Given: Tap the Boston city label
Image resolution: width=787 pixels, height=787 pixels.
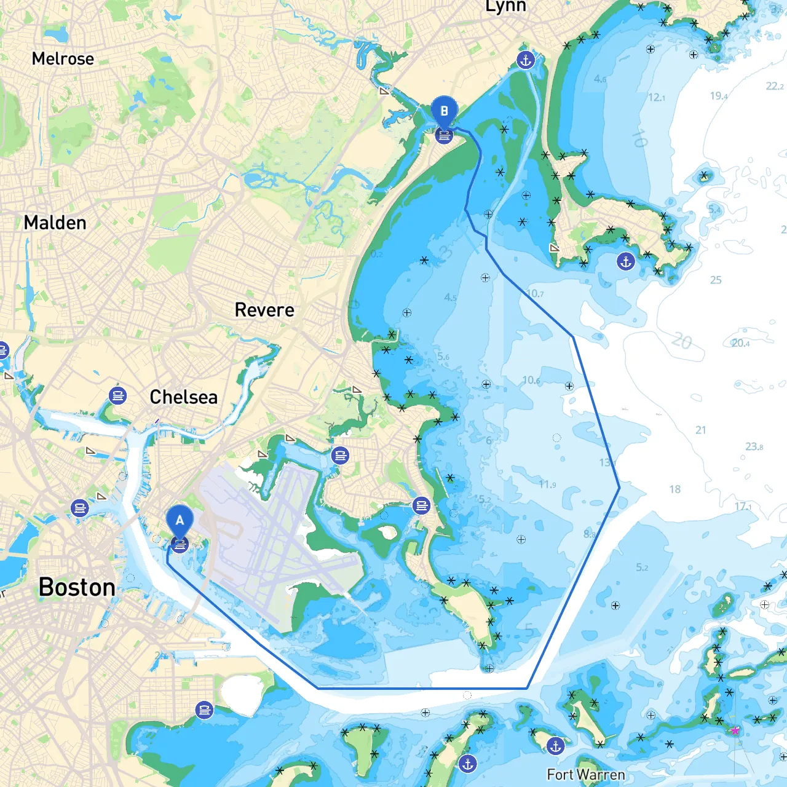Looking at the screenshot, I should point(77,587).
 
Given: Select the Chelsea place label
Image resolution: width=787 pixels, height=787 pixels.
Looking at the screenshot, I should point(183,397).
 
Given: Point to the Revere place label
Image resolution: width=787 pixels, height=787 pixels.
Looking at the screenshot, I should point(264,310).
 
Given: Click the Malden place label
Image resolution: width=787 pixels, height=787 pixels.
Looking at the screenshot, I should point(55,223).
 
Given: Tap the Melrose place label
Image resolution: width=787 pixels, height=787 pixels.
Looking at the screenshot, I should point(63,59).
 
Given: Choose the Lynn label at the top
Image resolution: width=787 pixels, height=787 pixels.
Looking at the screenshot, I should point(505,7).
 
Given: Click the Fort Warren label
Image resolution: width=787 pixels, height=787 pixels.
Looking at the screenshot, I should point(585,775).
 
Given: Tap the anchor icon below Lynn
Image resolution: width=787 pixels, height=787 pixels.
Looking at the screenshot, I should point(525,60).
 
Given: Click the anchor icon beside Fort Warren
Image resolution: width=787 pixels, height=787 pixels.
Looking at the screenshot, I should point(556,746).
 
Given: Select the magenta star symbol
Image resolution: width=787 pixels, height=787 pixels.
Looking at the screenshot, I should point(735,730).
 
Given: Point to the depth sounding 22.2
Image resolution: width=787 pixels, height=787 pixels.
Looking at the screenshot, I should point(775,86).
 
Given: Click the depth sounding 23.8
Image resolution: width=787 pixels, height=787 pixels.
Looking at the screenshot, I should point(754,446).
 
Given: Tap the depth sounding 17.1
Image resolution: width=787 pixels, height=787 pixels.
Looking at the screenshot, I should point(743,507).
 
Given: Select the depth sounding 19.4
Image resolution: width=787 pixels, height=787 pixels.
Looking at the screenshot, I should point(719,96).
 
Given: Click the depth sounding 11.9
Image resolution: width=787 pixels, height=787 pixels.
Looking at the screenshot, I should point(547,484).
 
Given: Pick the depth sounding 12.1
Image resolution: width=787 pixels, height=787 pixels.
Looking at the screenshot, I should point(656,97).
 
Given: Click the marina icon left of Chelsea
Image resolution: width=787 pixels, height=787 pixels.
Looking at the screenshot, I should point(117,395).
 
